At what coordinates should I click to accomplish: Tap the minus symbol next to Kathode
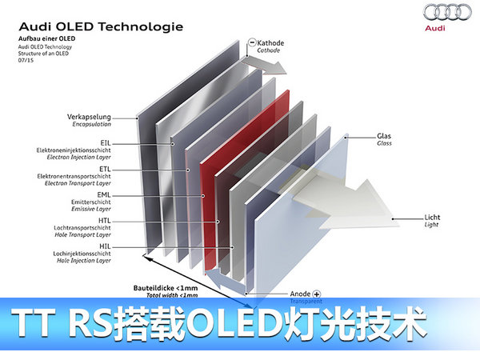[252, 42]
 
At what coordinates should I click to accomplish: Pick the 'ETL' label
[105, 168]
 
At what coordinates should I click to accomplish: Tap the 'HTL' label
[104, 221]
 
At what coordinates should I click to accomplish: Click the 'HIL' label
[105, 246]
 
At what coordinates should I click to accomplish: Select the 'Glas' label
[384, 137]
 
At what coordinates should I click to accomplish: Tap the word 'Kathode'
[271, 42]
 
